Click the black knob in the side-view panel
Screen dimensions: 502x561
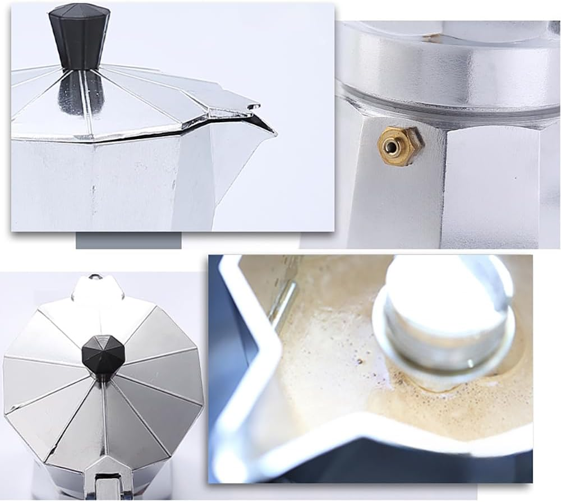[79, 35]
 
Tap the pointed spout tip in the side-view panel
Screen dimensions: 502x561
[273, 132]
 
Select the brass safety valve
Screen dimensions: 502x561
[399, 145]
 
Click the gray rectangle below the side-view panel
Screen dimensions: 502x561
[128, 241]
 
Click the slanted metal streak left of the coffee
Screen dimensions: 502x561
[283, 303]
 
